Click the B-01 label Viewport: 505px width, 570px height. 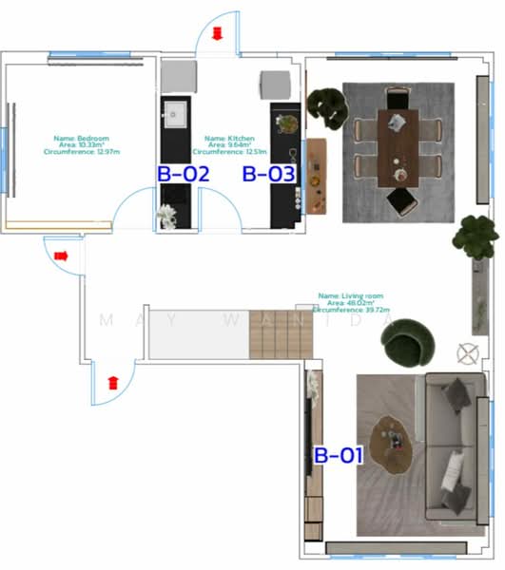point(339,455)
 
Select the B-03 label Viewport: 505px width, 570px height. point(269,174)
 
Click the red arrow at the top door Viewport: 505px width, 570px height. point(217,34)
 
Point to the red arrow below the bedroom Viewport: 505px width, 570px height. point(62,256)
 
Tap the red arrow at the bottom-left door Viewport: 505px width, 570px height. point(113,383)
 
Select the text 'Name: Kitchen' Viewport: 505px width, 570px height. point(230,138)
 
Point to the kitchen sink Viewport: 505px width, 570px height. point(176,115)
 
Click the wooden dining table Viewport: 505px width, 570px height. point(398,147)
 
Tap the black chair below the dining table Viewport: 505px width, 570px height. point(400,200)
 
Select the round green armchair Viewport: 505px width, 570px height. point(410,340)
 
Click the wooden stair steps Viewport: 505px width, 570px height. point(279,337)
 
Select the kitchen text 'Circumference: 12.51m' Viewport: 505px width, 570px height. point(229,151)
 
